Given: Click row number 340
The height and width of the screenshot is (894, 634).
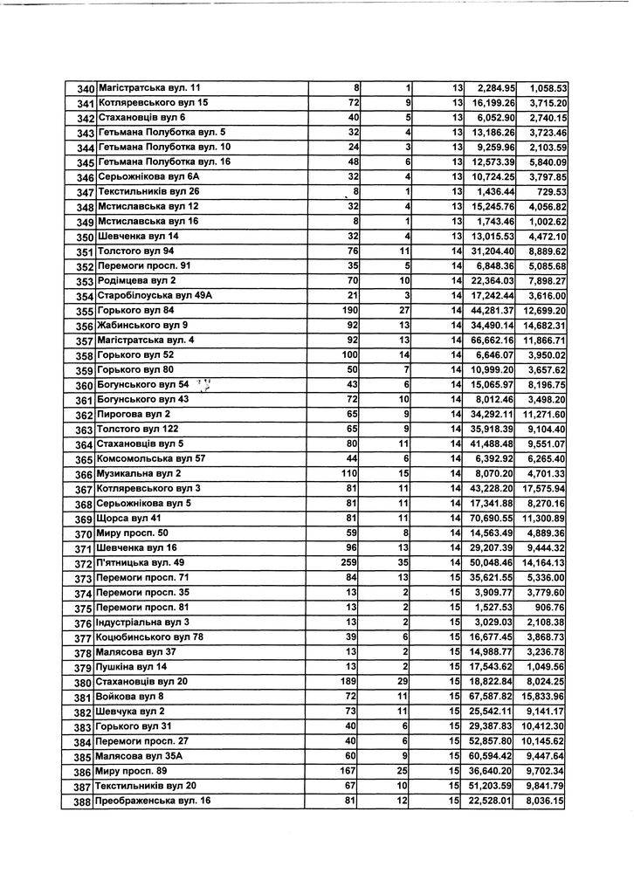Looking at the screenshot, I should coord(85,89).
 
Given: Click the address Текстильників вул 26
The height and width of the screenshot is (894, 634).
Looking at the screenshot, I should coord(149,192).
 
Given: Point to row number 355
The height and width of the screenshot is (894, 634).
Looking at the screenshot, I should coord(84,312).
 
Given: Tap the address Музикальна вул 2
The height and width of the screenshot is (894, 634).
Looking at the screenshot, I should coord(138,474).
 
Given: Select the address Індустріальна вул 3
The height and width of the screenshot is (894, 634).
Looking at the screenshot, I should coord(142,622).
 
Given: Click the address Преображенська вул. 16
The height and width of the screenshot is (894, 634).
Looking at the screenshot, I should coord(153,801).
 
